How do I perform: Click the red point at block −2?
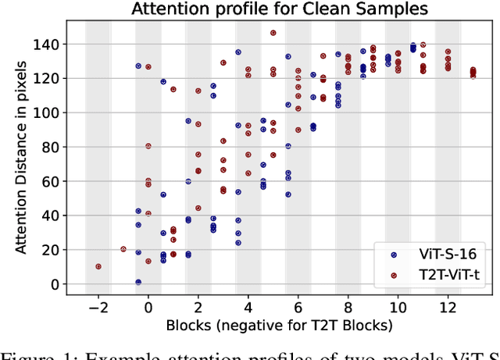[x=98, y=266]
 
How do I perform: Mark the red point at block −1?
[x=123, y=249]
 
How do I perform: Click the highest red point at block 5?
[x=273, y=33]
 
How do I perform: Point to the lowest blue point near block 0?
[x=138, y=282]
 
